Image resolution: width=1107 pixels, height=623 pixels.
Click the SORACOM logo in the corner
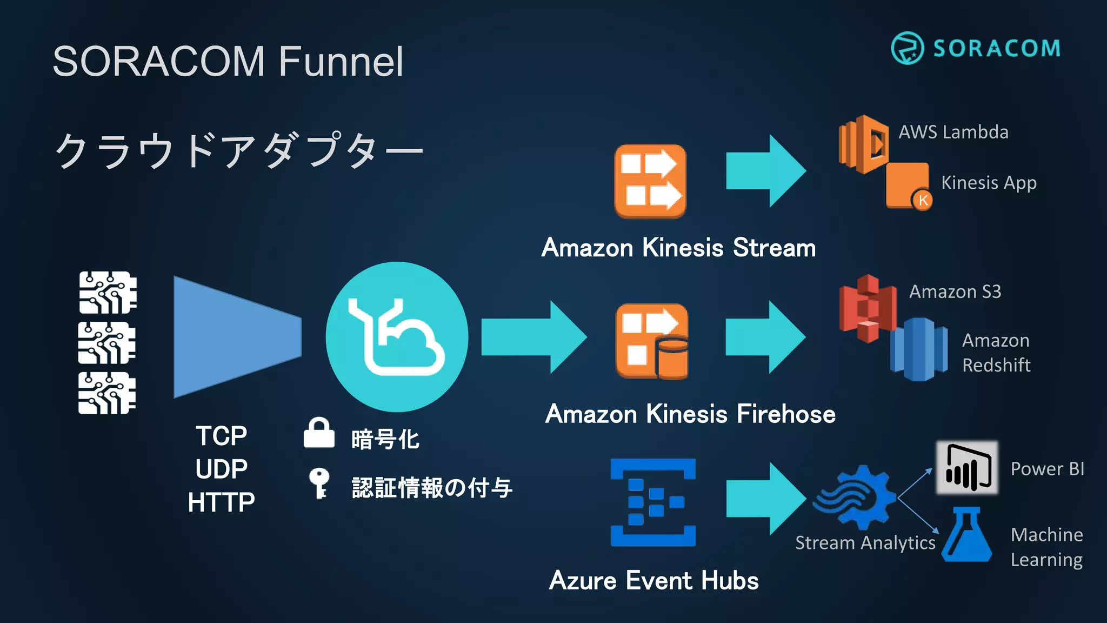pos(975,48)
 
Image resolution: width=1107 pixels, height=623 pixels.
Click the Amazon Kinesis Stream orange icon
pos(650,181)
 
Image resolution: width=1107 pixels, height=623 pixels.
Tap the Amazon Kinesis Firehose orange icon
pos(652,341)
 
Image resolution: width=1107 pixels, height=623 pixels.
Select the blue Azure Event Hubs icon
pos(653,502)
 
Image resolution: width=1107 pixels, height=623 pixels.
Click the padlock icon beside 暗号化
pos(319,433)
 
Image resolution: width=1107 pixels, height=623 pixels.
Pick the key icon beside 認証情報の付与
pos(319,482)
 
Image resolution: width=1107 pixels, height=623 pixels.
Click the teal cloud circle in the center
pos(397,337)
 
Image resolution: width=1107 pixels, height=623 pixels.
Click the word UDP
pos(222,469)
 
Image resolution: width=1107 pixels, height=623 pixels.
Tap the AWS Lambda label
pos(953,132)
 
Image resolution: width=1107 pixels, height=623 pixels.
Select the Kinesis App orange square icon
pos(907,185)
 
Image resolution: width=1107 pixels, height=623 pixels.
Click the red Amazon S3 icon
pos(867,308)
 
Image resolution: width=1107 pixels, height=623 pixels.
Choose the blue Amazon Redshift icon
pos(918,349)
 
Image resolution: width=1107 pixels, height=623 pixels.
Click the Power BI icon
pos(967,467)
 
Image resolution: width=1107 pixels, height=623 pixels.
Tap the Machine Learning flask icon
pos(966,535)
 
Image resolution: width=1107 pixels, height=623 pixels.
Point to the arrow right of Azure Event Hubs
pos(765,499)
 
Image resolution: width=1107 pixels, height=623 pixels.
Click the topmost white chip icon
pos(108,293)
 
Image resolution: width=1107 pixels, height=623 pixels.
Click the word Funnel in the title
pos(341,61)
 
